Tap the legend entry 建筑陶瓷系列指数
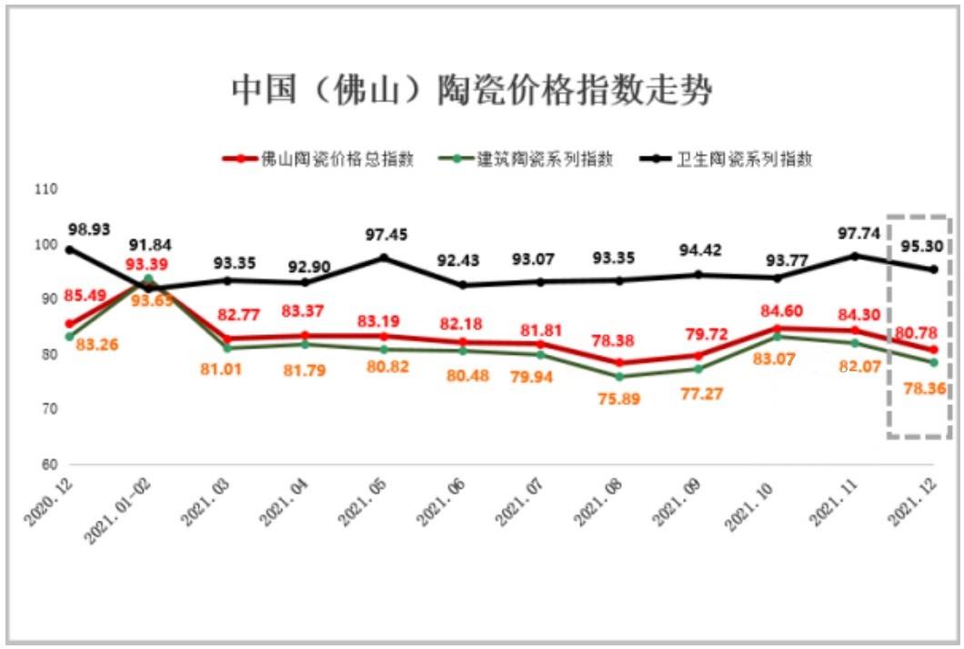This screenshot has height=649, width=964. click(546, 158)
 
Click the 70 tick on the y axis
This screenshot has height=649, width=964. click(47, 410)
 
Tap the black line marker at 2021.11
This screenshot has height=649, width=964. click(855, 256)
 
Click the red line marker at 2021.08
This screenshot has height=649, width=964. click(619, 362)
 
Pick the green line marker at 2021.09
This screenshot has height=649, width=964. click(698, 369)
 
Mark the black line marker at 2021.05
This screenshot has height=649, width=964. click(383, 258)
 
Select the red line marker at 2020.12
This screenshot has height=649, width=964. click(69, 323)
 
